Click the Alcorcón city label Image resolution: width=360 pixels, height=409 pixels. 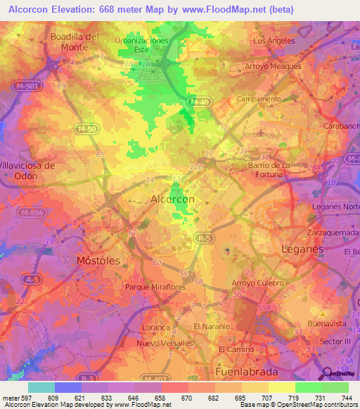(x=173, y=200)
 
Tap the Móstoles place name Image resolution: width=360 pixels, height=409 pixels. (x=98, y=260)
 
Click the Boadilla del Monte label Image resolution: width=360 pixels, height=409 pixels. (x=73, y=41)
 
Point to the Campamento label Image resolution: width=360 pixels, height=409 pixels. (x=259, y=99)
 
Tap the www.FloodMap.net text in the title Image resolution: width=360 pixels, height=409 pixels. (x=223, y=9)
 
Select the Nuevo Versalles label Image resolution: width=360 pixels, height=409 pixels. (x=165, y=343)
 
